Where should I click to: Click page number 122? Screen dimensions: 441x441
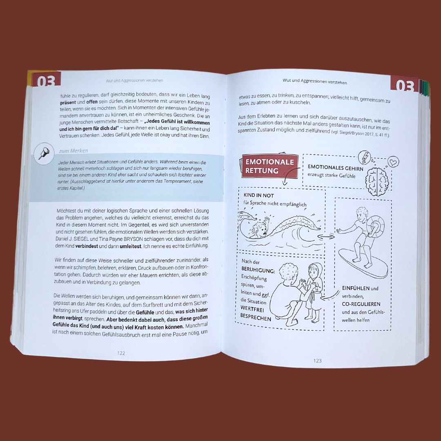(121, 353)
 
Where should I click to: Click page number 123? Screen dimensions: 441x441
(317, 361)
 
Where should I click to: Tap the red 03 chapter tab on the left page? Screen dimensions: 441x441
(47, 79)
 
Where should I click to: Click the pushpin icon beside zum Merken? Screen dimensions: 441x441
(44, 154)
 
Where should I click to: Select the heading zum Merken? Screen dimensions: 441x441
(73, 151)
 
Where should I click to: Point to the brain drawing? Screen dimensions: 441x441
(377, 181)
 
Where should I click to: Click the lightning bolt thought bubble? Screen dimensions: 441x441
(365, 158)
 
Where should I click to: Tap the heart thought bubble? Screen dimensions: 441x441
(394, 162)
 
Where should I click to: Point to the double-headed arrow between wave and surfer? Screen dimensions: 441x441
(326, 237)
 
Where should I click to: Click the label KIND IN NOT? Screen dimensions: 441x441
(259, 195)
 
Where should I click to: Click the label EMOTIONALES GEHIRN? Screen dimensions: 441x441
(335, 168)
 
